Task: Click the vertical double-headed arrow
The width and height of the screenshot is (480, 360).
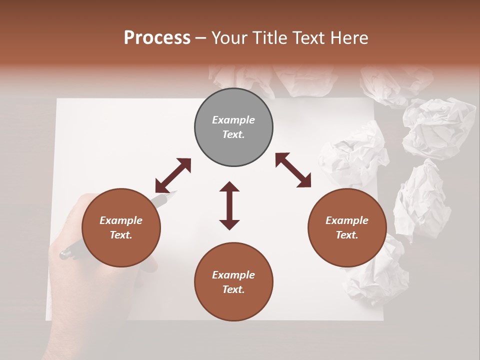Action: click(x=229, y=205)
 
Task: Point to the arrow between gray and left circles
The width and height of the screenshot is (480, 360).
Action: click(x=173, y=175)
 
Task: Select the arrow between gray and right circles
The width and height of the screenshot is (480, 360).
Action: click(x=293, y=170)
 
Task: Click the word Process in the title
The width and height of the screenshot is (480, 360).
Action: click(x=157, y=37)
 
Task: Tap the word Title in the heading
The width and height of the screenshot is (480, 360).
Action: click(x=269, y=38)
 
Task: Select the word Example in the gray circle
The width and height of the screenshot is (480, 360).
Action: click(x=233, y=120)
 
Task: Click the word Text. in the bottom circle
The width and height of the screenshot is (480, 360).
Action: click(x=233, y=289)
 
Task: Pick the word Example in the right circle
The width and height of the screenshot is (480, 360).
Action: click(x=347, y=220)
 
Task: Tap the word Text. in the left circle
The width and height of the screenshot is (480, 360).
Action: click(x=121, y=235)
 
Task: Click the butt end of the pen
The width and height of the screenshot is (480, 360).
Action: click(x=63, y=254)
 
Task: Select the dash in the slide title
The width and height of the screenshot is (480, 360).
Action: click(x=201, y=38)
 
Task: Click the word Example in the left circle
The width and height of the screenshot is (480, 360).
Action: click(x=121, y=220)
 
